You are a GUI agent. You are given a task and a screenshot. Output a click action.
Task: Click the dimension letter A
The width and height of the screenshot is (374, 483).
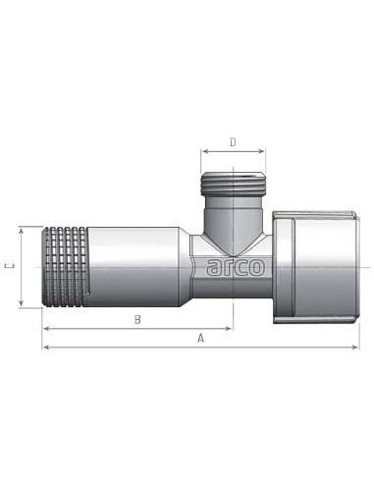200,338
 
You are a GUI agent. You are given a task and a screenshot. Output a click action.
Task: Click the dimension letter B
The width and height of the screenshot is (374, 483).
136,319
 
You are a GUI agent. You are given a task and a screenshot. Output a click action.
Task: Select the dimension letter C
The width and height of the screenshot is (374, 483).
9,267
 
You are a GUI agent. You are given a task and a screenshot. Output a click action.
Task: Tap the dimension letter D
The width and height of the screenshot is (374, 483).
233,141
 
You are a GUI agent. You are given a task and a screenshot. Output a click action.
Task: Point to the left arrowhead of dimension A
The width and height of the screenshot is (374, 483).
44,347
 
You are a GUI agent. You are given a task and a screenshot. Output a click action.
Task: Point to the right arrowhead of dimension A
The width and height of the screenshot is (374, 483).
355,347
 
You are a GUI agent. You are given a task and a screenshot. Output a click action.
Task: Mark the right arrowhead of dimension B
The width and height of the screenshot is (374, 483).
231,328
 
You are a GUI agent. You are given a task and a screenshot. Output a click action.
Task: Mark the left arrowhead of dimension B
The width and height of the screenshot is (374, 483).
44,328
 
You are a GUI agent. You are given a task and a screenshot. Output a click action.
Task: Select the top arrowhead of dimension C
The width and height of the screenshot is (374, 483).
20,229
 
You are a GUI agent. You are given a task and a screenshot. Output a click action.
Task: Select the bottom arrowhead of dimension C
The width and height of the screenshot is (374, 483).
20,306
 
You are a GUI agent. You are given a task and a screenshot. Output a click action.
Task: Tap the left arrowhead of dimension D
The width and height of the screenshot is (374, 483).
203,151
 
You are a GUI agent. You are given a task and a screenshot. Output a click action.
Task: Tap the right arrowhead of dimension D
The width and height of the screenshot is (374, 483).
263,151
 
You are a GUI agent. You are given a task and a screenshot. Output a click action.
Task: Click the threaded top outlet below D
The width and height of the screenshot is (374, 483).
233,183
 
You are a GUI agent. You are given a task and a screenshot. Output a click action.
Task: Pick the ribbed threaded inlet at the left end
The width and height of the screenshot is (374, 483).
64,267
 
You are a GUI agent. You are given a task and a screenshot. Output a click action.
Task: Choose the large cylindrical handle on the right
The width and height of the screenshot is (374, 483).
314,267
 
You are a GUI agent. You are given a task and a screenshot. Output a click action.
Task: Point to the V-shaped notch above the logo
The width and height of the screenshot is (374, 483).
233,241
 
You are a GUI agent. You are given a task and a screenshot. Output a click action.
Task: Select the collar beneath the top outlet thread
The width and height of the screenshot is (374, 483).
233,208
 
